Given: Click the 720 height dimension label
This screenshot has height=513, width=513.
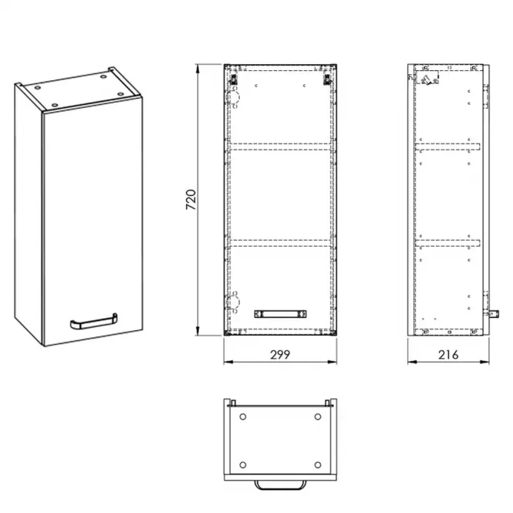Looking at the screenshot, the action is (191, 199).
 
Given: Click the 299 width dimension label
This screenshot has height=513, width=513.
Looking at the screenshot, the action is (280, 355).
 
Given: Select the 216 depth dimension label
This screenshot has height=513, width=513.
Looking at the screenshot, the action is (448, 355).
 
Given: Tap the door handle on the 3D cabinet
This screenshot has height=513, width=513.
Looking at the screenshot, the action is (94, 322).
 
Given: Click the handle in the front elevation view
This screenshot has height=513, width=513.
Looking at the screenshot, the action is (280, 314).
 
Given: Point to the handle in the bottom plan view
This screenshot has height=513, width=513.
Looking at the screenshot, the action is (280, 485).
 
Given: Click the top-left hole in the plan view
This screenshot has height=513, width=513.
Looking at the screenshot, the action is (243, 417).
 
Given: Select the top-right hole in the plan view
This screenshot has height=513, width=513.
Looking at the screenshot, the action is (318, 417).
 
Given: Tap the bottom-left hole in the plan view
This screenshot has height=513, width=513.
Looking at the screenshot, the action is (243, 465).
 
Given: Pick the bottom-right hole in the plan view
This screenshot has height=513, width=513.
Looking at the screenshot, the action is (318, 465).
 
